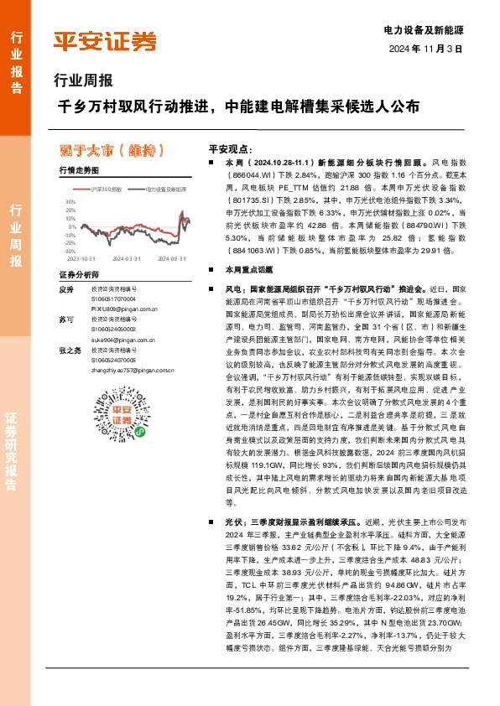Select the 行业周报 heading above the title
[82, 81]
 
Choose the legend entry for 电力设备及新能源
[164, 191]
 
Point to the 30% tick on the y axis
[70, 202]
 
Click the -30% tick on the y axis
[69, 250]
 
